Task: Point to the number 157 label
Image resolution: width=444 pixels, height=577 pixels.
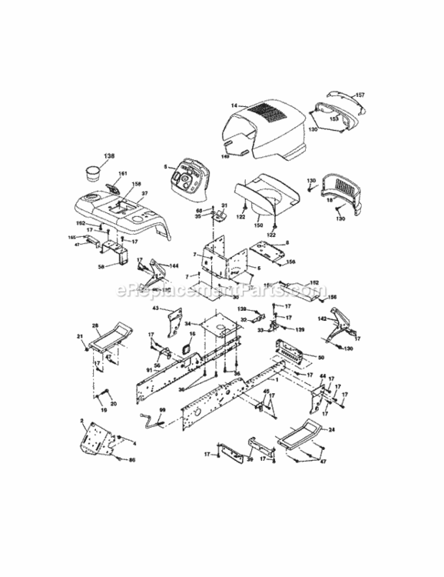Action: click(360, 95)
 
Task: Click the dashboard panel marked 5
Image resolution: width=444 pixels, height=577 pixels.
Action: click(185, 178)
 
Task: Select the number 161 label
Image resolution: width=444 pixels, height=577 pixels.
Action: click(121, 175)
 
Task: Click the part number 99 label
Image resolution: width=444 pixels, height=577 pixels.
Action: click(162, 410)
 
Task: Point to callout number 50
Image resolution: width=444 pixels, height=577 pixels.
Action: click(320, 358)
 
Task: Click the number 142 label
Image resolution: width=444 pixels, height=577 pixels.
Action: click(323, 318)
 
